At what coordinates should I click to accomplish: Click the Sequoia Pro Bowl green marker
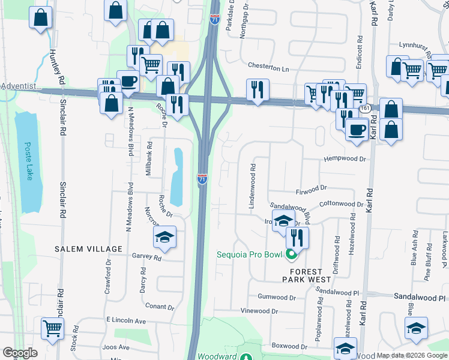pyautogui.click(x=292, y=254)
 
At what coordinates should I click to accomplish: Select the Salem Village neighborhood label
pyautogui.click(x=88, y=249)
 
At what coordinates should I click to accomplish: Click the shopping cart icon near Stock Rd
pyautogui.click(x=53, y=328)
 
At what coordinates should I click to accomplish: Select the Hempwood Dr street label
pyautogui.click(x=345, y=159)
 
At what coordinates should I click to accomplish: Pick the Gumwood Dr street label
pyautogui.click(x=277, y=297)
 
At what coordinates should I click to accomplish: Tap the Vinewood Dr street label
pyautogui.click(x=259, y=311)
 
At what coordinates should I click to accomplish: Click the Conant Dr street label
pyautogui.click(x=159, y=307)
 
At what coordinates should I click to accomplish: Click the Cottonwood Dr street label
pyautogui.click(x=341, y=204)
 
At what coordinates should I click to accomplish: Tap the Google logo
pyautogui.click(x=20, y=353)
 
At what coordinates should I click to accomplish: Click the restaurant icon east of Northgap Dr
pyautogui.click(x=258, y=90)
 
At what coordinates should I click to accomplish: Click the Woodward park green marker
pyautogui.click(x=246, y=356)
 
